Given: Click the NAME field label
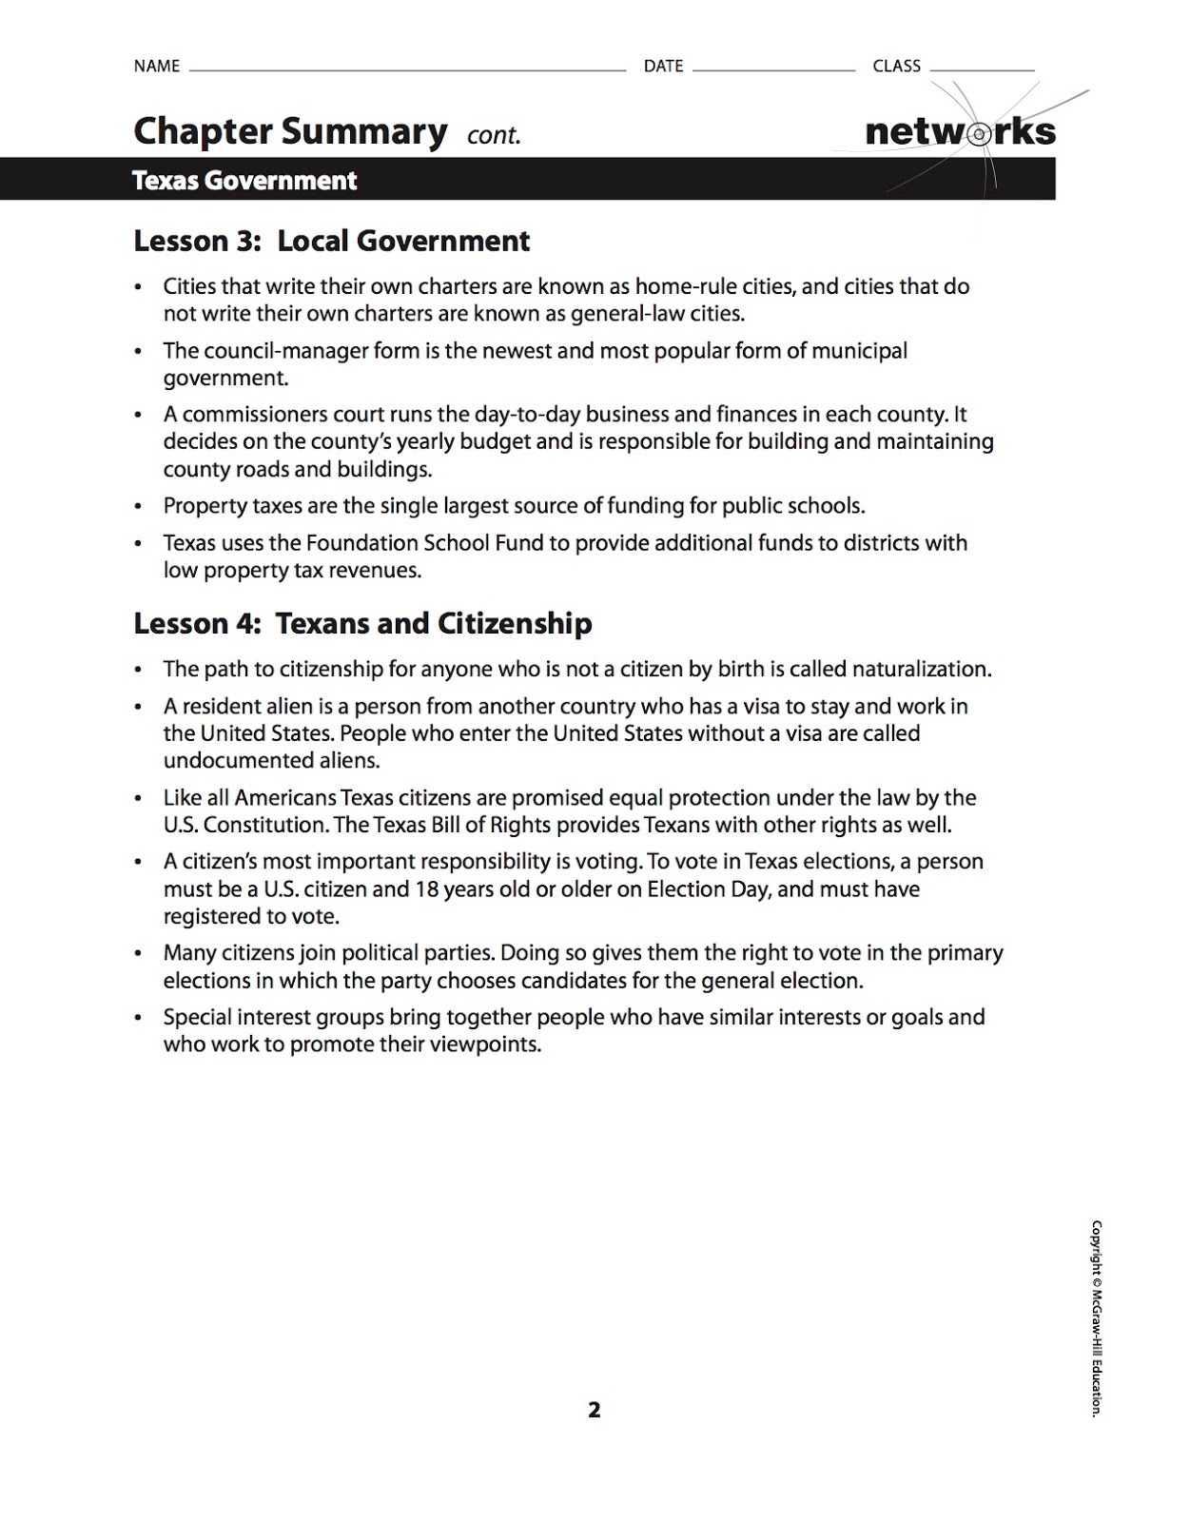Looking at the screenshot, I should [157, 66].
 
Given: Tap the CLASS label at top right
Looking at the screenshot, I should [896, 66].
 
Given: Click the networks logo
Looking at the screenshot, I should [960, 132].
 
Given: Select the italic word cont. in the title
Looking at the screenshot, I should [494, 135].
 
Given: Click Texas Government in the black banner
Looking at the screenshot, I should [244, 181].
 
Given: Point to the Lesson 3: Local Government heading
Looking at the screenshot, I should [331, 241].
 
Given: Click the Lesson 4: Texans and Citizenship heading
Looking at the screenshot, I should [362, 623].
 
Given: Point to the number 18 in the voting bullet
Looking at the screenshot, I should [425, 888].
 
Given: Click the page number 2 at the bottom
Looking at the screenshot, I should [595, 1410].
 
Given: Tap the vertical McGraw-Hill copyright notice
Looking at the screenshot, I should [1096, 1317].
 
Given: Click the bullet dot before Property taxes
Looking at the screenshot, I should [139, 507].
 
